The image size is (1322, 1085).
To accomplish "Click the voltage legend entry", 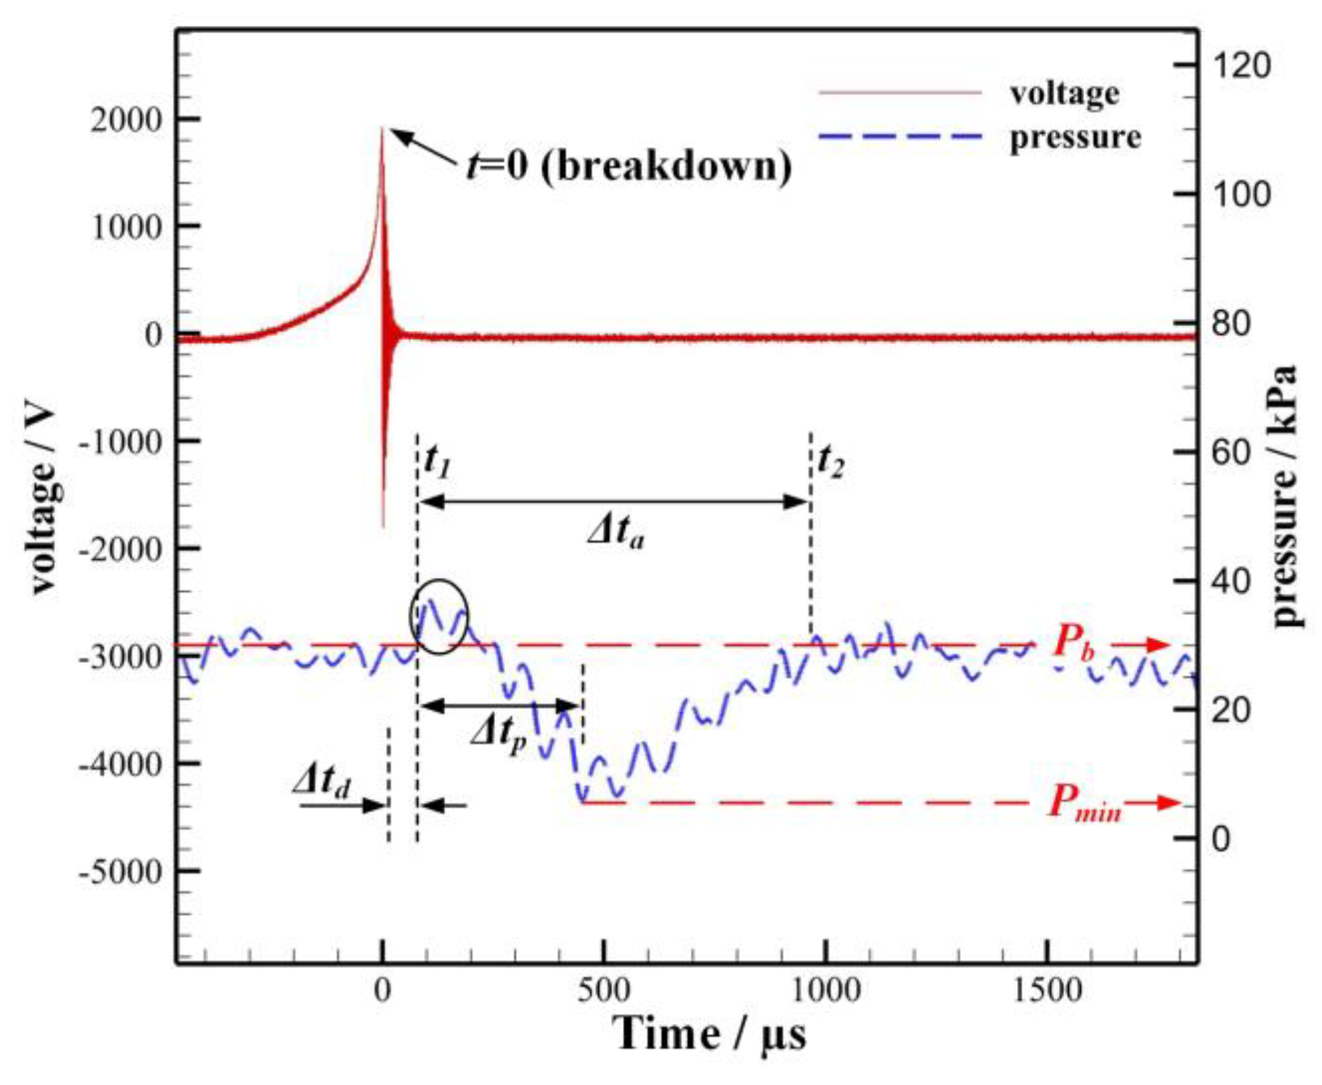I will click(1064, 93).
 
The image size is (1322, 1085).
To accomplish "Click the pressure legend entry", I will click(1074, 137).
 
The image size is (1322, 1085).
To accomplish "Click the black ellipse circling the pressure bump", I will click(439, 616).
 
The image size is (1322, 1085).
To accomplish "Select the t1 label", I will click(437, 460).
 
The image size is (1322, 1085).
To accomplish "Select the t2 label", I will click(830, 460).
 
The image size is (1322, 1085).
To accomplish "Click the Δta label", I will click(616, 532).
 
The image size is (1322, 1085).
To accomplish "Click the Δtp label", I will click(498, 734).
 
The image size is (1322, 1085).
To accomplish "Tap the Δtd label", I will click(322, 781).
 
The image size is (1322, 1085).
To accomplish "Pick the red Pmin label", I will click(1085, 804).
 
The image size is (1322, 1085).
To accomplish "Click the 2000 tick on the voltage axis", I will click(126, 121).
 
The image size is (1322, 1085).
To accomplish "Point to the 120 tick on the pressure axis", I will click(1241, 66).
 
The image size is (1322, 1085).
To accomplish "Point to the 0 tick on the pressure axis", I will click(1221, 839).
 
